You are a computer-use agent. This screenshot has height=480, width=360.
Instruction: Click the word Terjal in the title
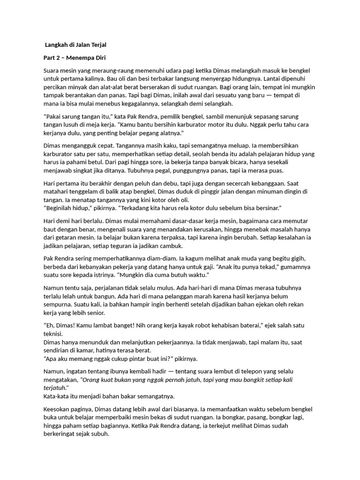[x=96, y=46]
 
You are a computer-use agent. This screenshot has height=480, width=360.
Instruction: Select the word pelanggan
[x=172, y=296]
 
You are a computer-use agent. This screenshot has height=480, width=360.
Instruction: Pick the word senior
[x=96, y=313]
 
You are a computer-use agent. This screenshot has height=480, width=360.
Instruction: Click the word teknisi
[x=53, y=334]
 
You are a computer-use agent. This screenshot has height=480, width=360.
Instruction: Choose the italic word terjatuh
[x=55, y=388]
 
